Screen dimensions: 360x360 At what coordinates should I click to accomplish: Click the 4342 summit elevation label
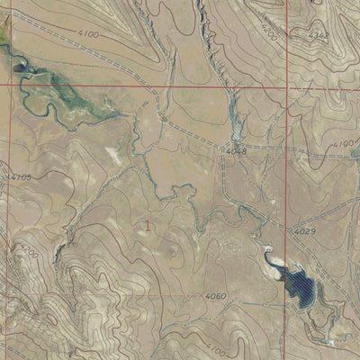pos(319,36)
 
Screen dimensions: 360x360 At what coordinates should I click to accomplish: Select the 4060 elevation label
pos(215,296)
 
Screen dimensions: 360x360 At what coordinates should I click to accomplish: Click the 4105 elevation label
pos(18,177)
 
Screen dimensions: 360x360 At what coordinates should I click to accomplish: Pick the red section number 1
pos(148,225)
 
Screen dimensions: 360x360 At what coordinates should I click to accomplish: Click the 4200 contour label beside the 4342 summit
pos(268,29)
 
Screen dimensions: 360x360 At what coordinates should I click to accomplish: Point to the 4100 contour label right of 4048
pos(343,144)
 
